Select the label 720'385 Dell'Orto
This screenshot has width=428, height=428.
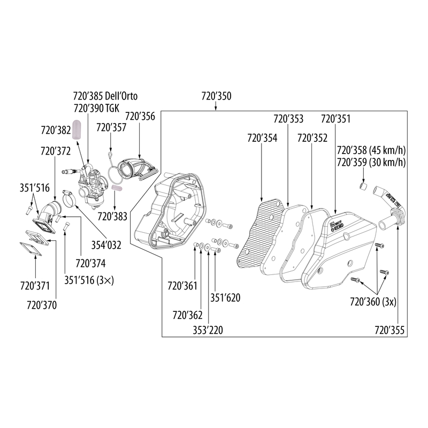pos(105,97)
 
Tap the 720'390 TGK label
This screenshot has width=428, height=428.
pos(97,108)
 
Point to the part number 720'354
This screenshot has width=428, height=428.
pos(262,138)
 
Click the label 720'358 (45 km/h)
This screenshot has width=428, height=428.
pos(370,151)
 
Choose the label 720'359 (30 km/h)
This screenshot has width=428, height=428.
pos(370,162)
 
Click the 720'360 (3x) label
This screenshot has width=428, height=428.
pos(373,302)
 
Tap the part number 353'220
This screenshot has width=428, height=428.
pos(208,330)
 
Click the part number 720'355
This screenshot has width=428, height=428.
pos(389,330)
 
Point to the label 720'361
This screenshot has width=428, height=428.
pos(182,286)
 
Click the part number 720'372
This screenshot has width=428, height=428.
pos(56,151)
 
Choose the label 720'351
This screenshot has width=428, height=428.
pos(335,118)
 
